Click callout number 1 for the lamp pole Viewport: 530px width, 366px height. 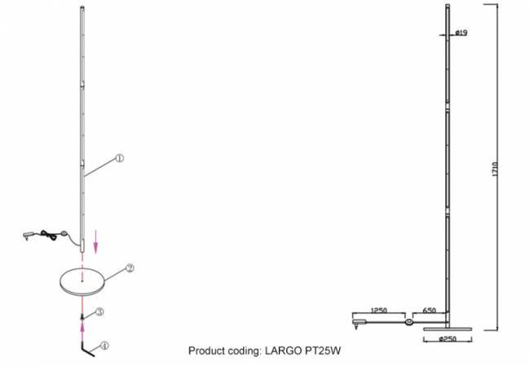click(x=120, y=158)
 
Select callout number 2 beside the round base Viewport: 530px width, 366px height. click(x=130, y=268)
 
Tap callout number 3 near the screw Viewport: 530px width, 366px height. click(x=99, y=311)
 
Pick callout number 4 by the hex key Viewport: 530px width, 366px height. click(x=104, y=346)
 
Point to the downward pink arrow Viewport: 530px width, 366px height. click(x=95, y=242)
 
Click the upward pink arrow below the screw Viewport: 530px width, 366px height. click(x=82, y=330)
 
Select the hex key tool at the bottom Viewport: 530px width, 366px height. click(x=87, y=350)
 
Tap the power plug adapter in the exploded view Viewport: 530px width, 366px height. click(x=28, y=236)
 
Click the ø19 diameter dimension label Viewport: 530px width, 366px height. click(x=461, y=33)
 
